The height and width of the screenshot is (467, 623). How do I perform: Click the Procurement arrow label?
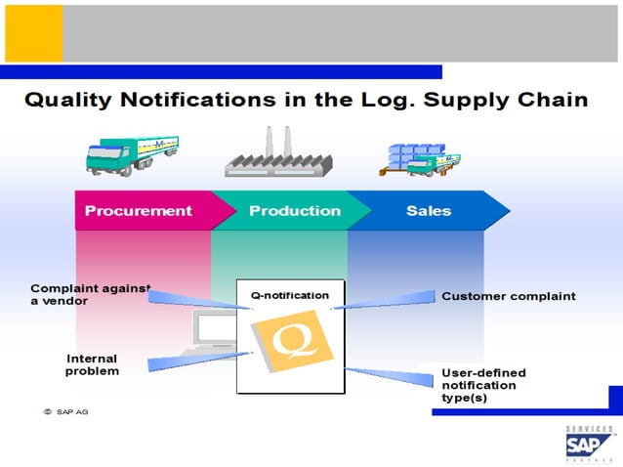[x=138, y=211]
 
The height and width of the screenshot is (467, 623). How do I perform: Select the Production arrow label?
[x=294, y=211]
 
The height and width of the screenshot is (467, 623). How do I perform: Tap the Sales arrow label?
[x=428, y=211]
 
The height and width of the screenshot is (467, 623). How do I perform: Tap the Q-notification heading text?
[x=289, y=295]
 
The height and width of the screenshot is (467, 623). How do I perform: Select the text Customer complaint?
[x=508, y=296]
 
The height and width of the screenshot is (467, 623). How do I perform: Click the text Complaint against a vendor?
[x=90, y=294]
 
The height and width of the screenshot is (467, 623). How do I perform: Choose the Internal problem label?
[x=92, y=364]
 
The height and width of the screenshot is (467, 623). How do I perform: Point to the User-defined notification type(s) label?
[x=483, y=385]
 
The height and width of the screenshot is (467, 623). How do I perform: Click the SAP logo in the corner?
[x=589, y=445]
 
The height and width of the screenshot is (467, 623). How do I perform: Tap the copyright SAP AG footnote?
[x=65, y=411]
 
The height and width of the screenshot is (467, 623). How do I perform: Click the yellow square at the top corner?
[x=33, y=33]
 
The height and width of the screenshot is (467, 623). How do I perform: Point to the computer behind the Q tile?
[x=215, y=332]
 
